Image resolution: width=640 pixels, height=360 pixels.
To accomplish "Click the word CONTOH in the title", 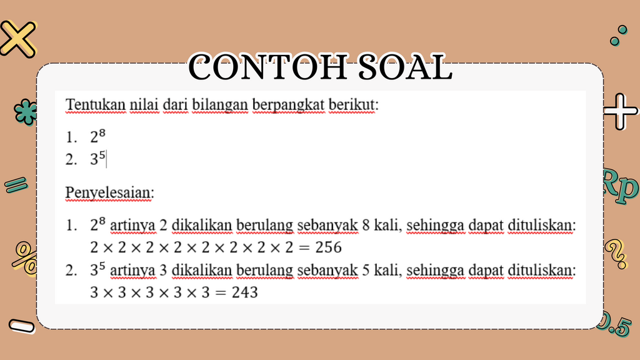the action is tap(267, 67).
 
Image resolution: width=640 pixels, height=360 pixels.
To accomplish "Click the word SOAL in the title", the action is tap(405, 67).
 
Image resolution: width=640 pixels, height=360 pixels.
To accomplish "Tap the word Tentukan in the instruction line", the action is tap(96, 104).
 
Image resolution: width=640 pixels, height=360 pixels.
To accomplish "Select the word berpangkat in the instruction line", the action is tap(289, 105).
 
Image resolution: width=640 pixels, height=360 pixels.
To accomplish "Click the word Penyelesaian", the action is tap(110, 192).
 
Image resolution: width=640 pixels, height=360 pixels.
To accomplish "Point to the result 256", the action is tap(329, 247).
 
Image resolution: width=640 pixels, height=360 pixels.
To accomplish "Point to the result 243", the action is tap(245, 292).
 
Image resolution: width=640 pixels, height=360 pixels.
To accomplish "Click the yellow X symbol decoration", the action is tap(18, 39).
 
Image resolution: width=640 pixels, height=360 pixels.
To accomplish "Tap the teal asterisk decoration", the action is tap(25, 111).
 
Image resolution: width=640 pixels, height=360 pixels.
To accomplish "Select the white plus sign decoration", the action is tap(620, 111).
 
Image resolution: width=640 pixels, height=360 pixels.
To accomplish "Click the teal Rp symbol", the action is tap(620, 186).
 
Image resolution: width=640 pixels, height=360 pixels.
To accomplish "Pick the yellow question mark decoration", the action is tap(616, 254).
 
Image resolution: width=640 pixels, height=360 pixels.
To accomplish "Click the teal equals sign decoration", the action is tap(16, 184).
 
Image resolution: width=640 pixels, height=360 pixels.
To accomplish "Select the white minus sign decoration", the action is tap(22, 326).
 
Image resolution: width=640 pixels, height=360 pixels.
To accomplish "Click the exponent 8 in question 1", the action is tap(102, 132).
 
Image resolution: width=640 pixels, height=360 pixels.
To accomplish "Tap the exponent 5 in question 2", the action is tap(102, 155).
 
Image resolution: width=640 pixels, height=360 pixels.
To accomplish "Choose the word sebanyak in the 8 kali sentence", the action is tap(327, 225).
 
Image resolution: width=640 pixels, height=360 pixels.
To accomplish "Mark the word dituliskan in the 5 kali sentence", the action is tap(542, 270).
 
